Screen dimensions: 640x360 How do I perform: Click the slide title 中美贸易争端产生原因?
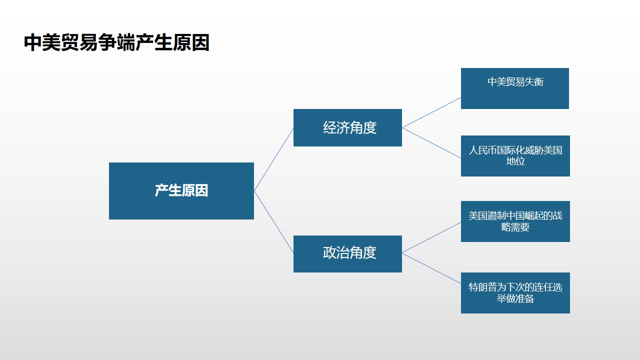(x=116, y=42)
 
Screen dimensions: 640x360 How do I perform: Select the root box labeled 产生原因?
(x=181, y=191)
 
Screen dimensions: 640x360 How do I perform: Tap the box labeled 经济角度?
(x=347, y=127)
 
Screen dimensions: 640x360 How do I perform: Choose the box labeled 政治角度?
(x=347, y=254)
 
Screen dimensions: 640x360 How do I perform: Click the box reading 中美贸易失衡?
(x=515, y=88)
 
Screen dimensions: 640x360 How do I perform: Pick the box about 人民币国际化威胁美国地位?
(x=515, y=156)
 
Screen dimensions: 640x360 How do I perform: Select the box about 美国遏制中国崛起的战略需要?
(x=515, y=221)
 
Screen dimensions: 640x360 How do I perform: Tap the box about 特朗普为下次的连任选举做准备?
(x=515, y=293)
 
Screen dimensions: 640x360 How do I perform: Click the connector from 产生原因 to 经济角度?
(x=273, y=159)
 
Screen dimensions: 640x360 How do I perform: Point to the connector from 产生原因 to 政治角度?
(x=273, y=222)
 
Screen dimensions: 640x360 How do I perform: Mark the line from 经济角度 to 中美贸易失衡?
(x=431, y=112)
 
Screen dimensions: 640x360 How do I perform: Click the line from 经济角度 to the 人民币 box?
(x=431, y=143)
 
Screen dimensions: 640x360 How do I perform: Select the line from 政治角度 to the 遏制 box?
(x=431, y=237)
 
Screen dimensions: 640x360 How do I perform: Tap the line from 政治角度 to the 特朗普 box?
(x=431, y=268)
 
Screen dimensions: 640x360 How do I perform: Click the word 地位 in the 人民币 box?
(x=515, y=161)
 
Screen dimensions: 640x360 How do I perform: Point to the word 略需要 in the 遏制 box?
(x=515, y=227)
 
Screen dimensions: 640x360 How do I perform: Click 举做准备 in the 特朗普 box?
(x=515, y=298)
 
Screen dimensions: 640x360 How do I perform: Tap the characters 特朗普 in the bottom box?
(x=483, y=287)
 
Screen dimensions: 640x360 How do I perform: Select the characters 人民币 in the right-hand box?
(x=483, y=150)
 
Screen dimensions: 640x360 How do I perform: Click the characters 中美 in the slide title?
(x=42, y=42)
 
